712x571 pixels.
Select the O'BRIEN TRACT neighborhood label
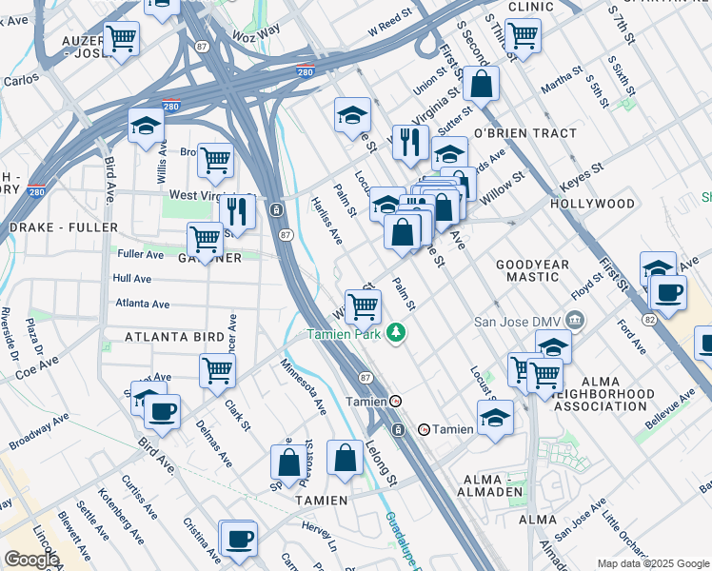pos(513,133)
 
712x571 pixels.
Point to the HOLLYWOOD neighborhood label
pos(592,205)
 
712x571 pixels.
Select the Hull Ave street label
pos(132,279)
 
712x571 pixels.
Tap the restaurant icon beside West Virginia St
pos(237,212)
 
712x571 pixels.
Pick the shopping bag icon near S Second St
pos(483,84)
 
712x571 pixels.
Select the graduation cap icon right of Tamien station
pos(495,418)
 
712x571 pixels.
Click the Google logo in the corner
pos(31,560)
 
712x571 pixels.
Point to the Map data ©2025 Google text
pos(653,563)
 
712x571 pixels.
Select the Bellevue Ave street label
pos(673,404)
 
